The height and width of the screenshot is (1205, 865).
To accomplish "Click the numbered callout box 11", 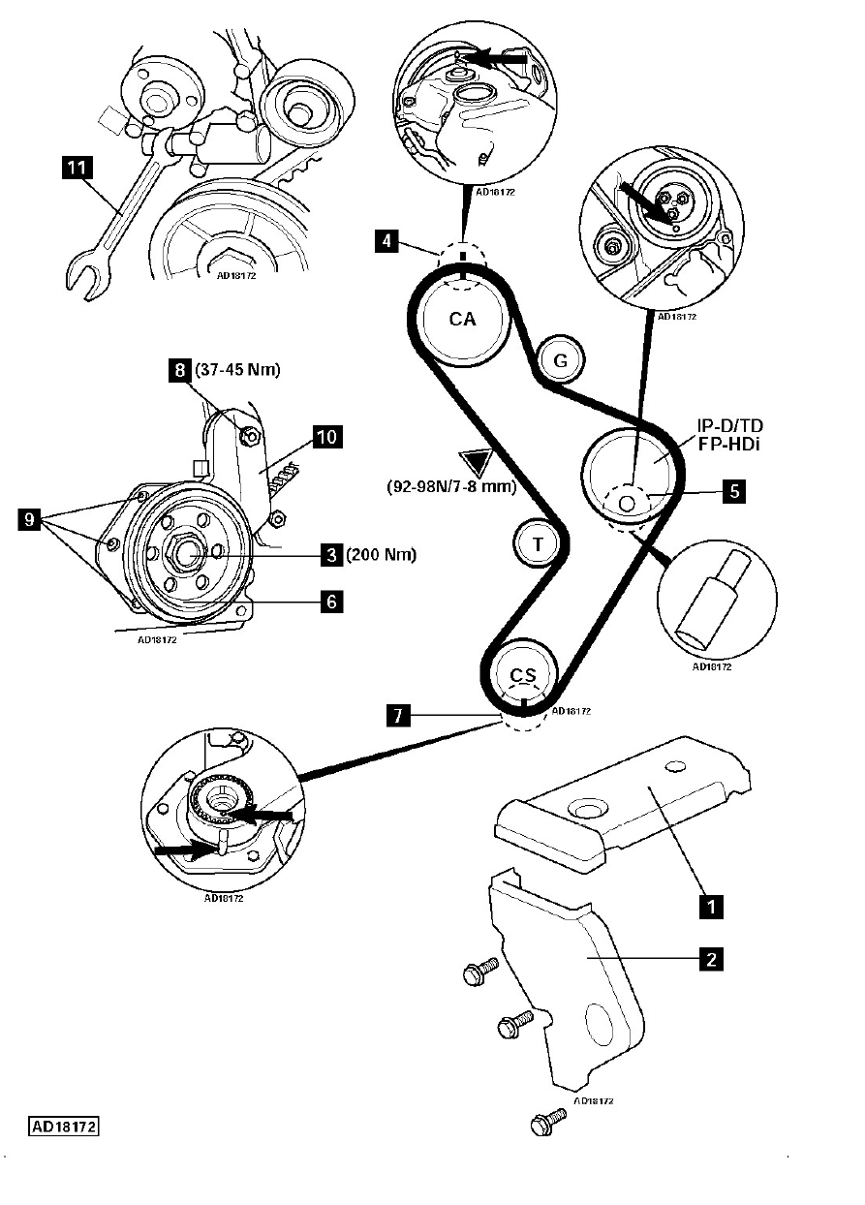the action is [x=77, y=168].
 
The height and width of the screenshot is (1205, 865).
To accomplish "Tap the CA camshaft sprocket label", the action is [x=463, y=319].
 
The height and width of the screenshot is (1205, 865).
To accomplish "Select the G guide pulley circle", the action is [x=561, y=360].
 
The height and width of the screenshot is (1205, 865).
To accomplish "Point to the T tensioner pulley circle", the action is [x=538, y=543].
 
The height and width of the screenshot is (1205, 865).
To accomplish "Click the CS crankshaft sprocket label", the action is [x=523, y=674].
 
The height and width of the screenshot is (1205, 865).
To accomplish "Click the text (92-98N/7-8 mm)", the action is [x=451, y=487].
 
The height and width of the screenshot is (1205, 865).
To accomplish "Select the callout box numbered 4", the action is [x=386, y=241].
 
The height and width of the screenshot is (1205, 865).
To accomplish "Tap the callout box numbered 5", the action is [x=733, y=491].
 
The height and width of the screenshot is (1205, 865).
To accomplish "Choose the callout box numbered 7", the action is [x=397, y=716].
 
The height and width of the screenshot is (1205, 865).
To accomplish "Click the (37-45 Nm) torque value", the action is [x=237, y=370].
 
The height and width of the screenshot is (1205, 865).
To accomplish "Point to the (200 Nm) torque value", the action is [x=382, y=554].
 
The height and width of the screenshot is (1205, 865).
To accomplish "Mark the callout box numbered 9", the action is [x=30, y=519].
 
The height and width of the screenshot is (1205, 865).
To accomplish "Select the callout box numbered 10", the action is [x=327, y=437].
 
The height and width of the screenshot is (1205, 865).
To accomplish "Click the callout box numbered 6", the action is [x=331, y=602].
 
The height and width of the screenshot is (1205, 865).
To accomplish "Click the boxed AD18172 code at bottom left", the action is [x=64, y=1127].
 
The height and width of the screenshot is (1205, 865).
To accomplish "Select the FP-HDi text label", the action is [x=728, y=445].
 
